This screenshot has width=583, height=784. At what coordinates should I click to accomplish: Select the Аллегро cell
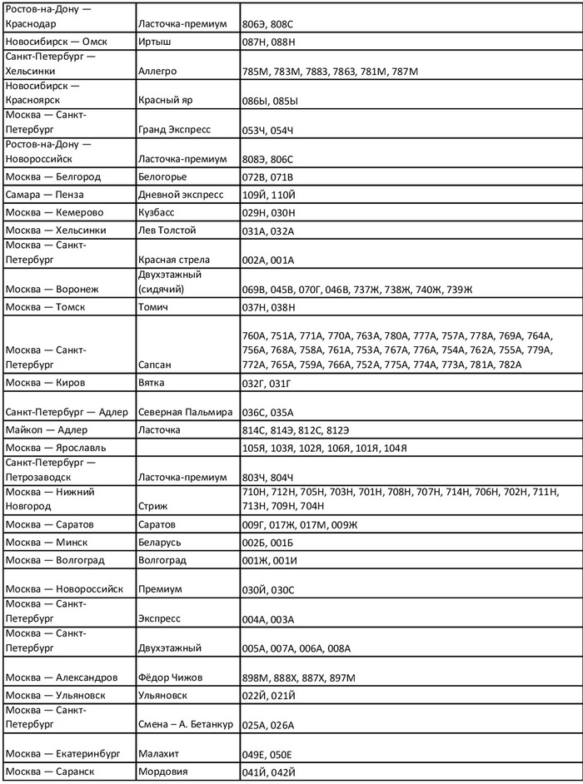click(x=161, y=72)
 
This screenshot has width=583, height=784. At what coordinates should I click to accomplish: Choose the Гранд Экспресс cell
click(x=174, y=130)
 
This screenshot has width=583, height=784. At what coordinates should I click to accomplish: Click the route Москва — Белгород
click(x=52, y=176)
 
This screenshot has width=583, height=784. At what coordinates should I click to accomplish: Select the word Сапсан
click(x=158, y=365)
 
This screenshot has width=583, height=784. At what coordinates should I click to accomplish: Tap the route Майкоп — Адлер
click(x=46, y=429)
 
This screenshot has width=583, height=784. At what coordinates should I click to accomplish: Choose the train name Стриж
click(x=155, y=504)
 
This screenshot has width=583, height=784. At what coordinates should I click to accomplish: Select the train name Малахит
click(x=162, y=753)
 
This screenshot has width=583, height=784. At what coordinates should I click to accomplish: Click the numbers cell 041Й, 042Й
click(x=267, y=772)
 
